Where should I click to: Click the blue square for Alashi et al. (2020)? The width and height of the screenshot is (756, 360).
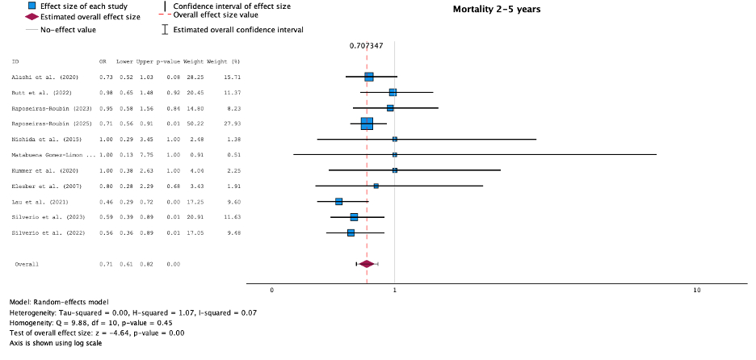pyautogui.click(x=369, y=77)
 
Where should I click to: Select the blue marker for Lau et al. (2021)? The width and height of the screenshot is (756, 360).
pyautogui.click(x=339, y=201)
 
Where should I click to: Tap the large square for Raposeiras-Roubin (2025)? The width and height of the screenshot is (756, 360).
pyautogui.click(x=367, y=123)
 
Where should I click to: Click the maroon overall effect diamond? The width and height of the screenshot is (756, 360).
pyautogui.click(x=367, y=263)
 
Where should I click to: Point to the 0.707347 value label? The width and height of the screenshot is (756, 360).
pyautogui.click(x=367, y=45)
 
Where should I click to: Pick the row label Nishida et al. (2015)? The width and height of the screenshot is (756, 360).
pyautogui.click(x=43, y=140)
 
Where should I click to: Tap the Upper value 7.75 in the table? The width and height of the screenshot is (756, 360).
pyautogui.click(x=145, y=155)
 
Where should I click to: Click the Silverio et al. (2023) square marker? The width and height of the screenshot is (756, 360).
pyautogui.click(x=354, y=217)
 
